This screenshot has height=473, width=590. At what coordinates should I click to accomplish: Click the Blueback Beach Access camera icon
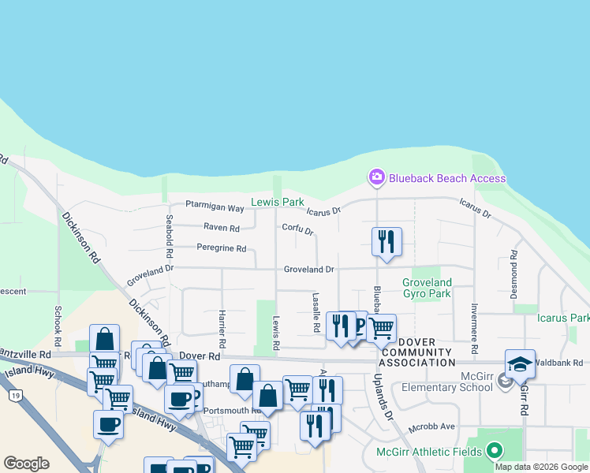coord(377,177)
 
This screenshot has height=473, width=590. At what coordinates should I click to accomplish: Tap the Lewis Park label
coord(277,202)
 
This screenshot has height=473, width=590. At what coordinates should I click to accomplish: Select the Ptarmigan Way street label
coord(215,207)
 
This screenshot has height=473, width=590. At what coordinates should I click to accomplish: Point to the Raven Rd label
coord(221,228)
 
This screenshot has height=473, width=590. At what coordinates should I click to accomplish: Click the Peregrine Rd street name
coord(221,248)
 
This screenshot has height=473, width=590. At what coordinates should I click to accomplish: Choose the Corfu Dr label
coord(298,230)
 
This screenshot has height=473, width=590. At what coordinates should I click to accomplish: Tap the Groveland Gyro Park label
coord(427,288)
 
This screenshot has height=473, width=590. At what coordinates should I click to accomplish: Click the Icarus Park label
coord(562,318)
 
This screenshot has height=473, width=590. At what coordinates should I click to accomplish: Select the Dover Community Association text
coord(417,357)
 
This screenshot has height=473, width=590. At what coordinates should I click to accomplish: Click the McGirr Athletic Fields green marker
coord(495,451)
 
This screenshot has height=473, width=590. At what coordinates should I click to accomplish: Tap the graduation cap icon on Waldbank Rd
coord(521,364)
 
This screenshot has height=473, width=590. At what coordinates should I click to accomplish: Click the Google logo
coord(26,463)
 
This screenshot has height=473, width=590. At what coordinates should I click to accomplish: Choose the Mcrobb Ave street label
coord(431,426)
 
